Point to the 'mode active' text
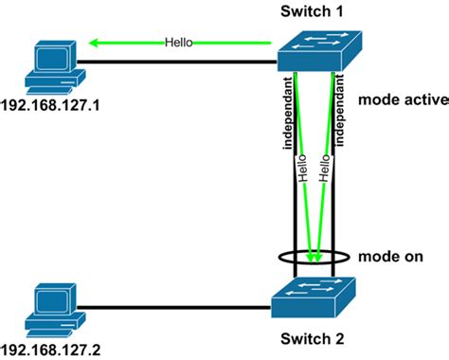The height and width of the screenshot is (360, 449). [396, 100]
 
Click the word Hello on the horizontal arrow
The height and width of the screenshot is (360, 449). [180, 43]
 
